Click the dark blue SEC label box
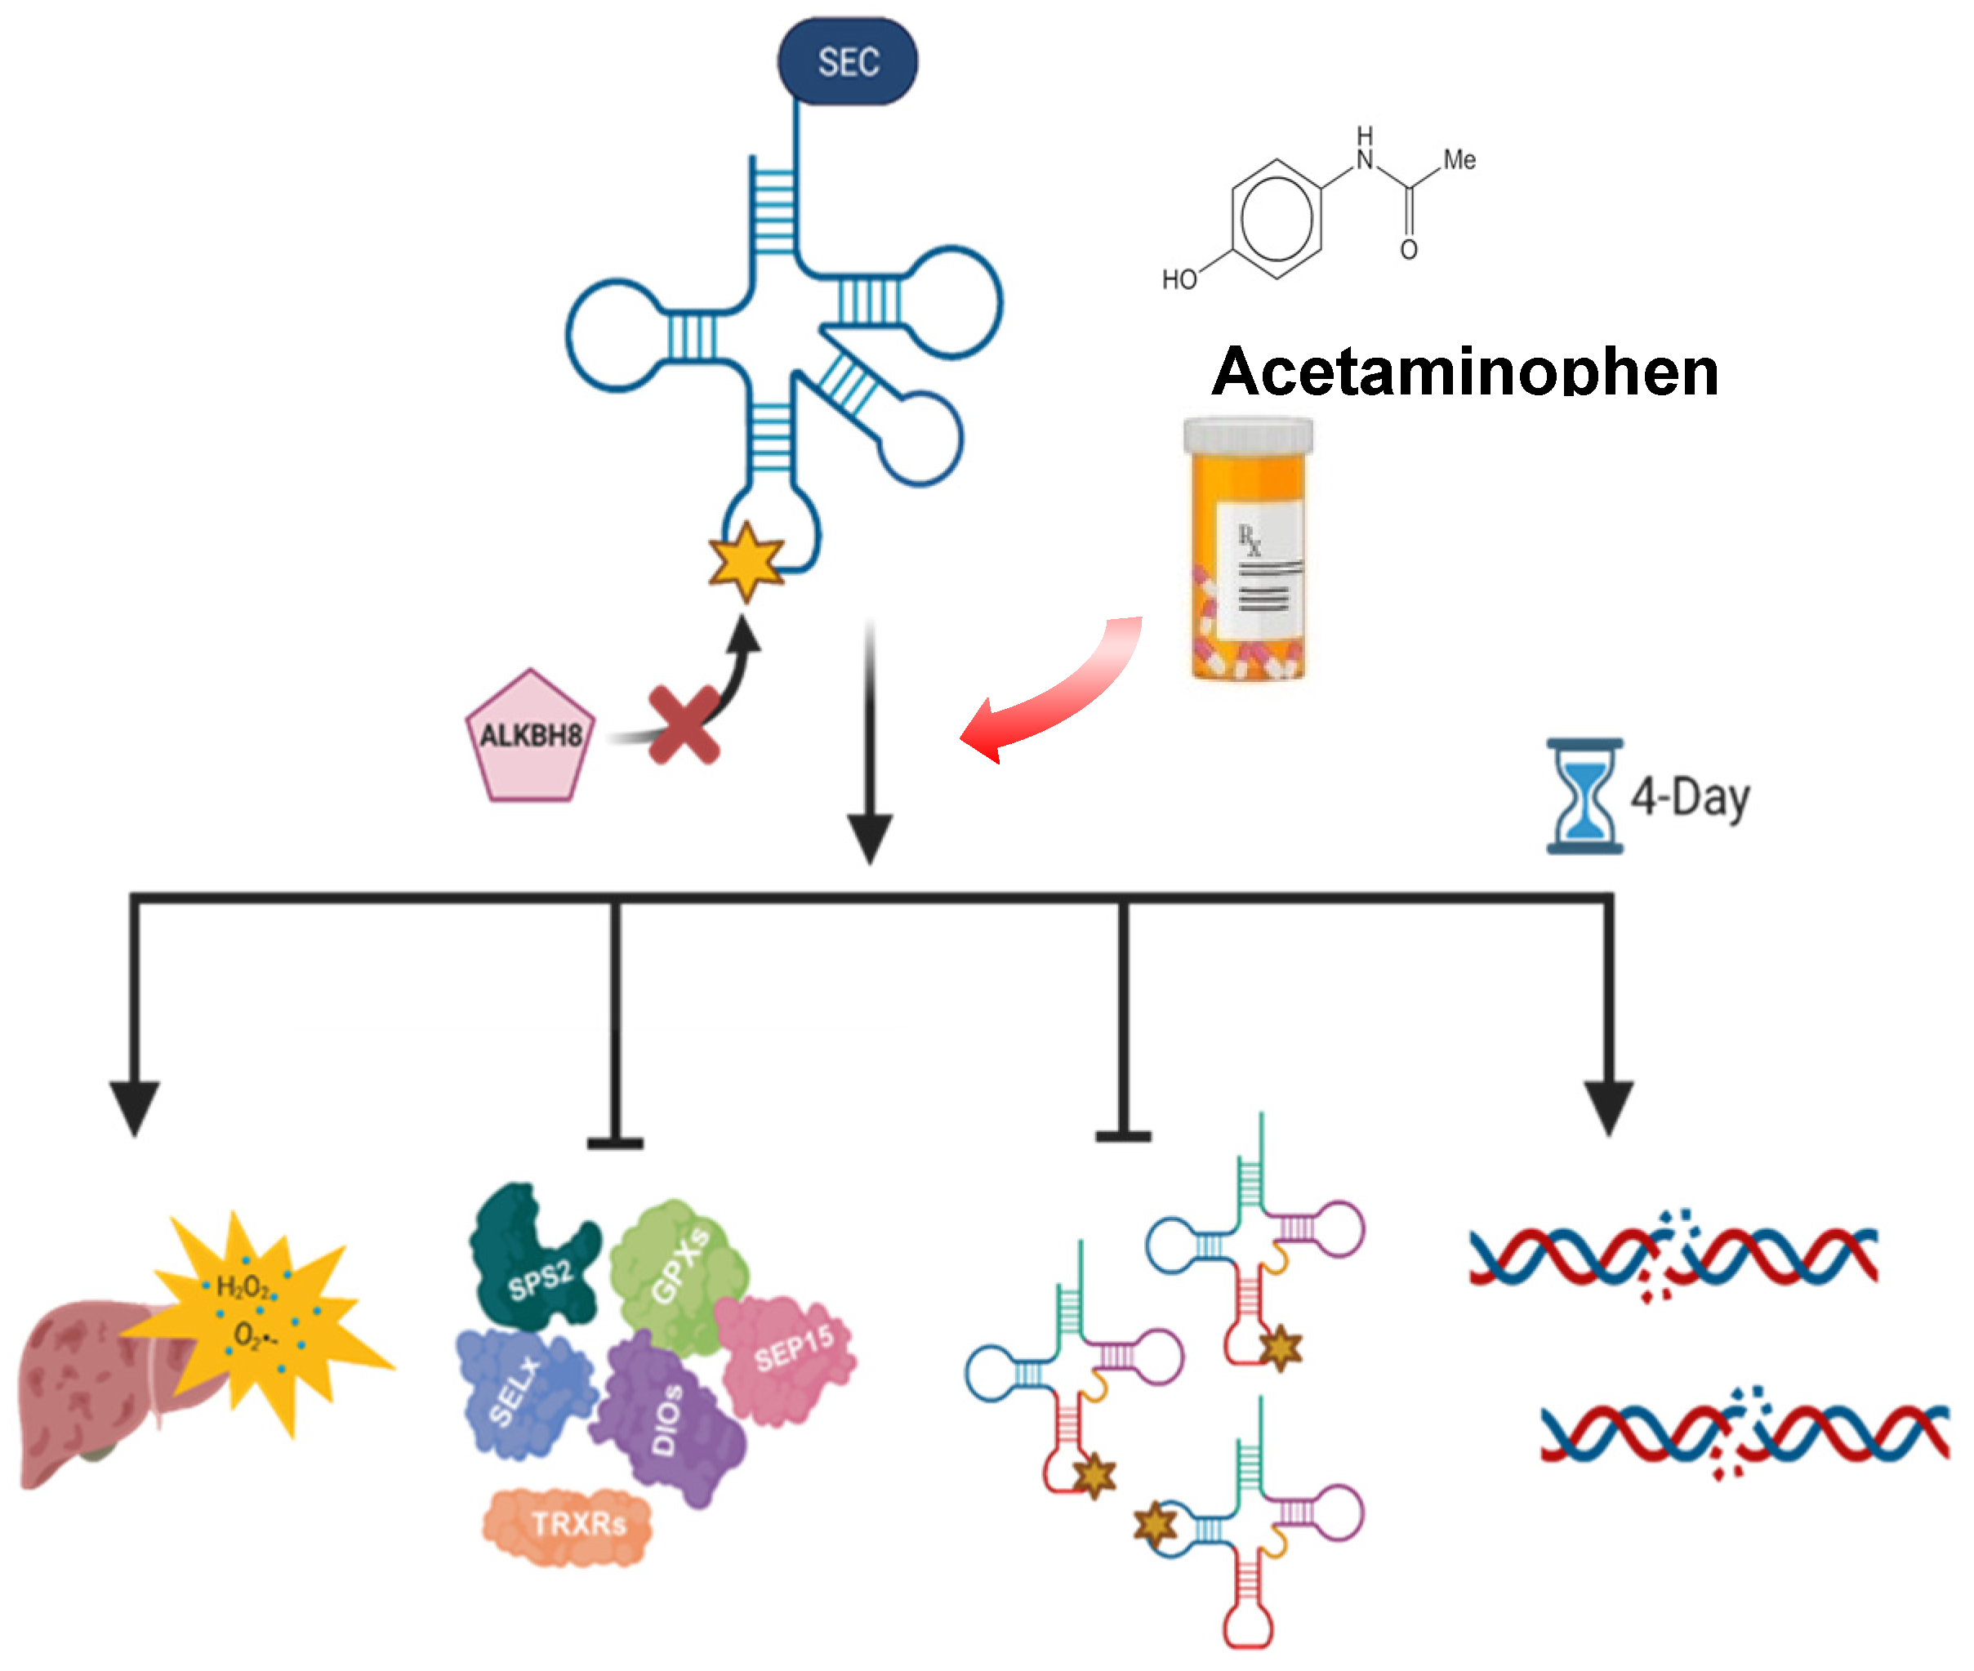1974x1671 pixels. [x=847, y=61]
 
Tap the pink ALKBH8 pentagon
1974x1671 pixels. [x=529, y=737]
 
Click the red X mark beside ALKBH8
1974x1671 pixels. [x=683, y=725]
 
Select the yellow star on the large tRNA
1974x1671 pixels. [x=746, y=561]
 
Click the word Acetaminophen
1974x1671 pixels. [x=1464, y=372]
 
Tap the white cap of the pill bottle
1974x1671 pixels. [x=1247, y=436]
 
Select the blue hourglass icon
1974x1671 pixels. [x=1584, y=795]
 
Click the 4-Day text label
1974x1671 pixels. [x=1690, y=798]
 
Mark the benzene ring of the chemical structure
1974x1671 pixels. [x=1276, y=219]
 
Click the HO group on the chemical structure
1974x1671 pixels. [x=1179, y=279]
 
